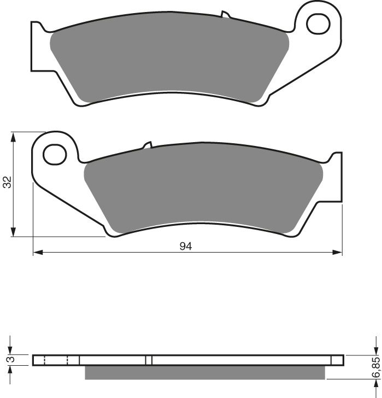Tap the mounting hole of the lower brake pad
(x=55, y=154)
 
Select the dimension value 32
(x=7, y=183)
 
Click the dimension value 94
(x=186, y=246)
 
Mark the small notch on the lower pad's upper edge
(x=148, y=145)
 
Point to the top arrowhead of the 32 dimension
(x=14, y=136)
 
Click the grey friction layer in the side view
(x=205, y=372)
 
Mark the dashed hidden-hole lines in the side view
(x=55, y=360)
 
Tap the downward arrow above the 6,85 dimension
(x=376, y=350)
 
